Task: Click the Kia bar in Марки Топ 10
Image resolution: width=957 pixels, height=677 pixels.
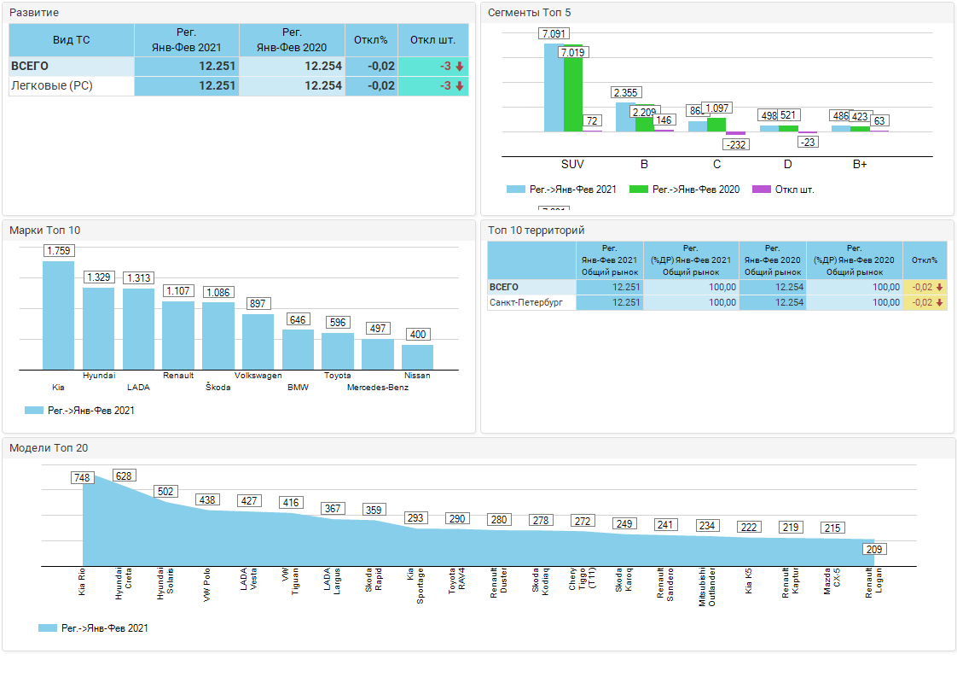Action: [58, 316]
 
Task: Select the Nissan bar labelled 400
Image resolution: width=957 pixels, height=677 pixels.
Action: [417, 357]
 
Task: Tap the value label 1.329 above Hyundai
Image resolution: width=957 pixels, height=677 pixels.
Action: [98, 277]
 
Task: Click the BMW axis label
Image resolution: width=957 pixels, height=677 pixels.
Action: [298, 388]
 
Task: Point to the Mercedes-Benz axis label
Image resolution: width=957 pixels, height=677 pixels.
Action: [378, 388]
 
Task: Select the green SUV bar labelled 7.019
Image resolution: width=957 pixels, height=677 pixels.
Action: [573, 94]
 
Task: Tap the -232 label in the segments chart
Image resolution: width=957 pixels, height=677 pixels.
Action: [735, 145]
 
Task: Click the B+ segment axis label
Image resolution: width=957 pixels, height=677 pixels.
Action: [860, 164]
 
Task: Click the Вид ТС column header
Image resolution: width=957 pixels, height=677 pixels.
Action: [72, 39]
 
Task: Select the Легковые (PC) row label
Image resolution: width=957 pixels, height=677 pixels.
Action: [52, 86]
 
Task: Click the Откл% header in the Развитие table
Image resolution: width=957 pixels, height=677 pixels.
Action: [371, 39]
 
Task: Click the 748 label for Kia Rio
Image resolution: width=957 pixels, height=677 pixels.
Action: [83, 478]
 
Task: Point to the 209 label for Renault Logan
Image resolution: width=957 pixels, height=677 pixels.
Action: [874, 550]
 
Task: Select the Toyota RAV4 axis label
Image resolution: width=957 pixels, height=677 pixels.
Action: [457, 581]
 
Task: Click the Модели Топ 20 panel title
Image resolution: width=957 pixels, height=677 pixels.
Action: [49, 447]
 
